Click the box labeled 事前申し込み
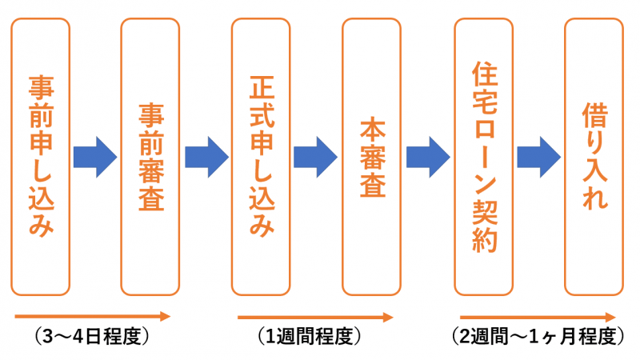click(x=42, y=157)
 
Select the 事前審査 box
click(x=150, y=157)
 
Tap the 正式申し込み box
click(x=261, y=157)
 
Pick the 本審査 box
click(x=371, y=157)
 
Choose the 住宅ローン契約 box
click(x=483, y=157)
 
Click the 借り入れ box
click(x=594, y=157)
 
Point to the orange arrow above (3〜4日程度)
click(x=92, y=316)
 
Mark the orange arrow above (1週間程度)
click(x=315, y=317)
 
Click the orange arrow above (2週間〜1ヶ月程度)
click(x=538, y=316)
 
